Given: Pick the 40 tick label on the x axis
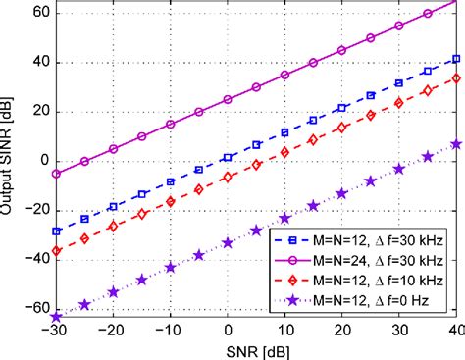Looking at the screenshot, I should click(456, 333).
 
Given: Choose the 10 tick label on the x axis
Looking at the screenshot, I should click(284, 333).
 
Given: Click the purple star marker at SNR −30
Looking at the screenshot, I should click(56, 316).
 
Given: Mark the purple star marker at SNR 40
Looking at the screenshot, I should click(457, 144).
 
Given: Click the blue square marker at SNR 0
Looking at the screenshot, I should click(228, 157).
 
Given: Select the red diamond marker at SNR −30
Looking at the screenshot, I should click(56, 250).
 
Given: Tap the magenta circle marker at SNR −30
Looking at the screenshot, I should click(56, 173).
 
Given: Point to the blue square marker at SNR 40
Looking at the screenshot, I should click(457, 59).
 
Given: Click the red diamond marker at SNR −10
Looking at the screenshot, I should click(171, 201).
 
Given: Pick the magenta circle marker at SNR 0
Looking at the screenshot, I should click(228, 99).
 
